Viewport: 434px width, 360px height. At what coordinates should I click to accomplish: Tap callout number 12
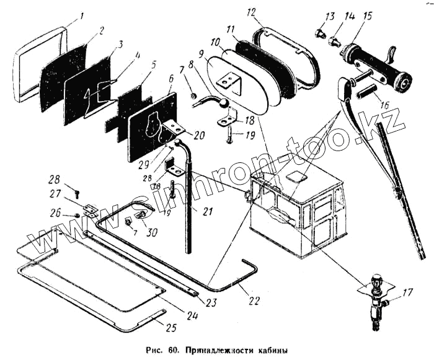(250, 12)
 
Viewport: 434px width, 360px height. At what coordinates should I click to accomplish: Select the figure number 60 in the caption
(172, 349)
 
